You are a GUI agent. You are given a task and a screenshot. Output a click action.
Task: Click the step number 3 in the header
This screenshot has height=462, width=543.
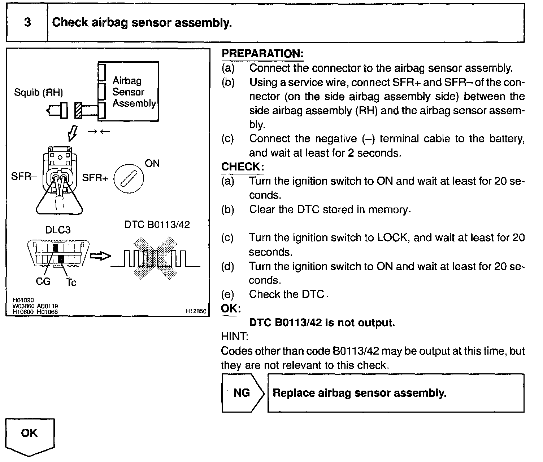[x=27, y=23]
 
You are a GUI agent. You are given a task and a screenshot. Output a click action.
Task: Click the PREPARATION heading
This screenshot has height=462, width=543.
[x=262, y=54]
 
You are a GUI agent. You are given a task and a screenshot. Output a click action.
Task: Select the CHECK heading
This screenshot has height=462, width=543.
[x=242, y=167]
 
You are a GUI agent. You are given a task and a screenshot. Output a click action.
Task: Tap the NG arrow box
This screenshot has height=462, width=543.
[x=242, y=393]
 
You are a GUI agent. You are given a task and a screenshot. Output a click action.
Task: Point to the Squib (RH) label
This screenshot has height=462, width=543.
[x=38, y=93]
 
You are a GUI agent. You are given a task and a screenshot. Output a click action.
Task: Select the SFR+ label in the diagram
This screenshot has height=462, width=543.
[x=95, y=178]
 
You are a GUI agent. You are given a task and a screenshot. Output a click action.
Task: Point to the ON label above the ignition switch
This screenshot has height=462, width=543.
[x=152, y=164]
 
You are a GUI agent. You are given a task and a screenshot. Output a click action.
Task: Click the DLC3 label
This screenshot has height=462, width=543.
[x=58, y=230]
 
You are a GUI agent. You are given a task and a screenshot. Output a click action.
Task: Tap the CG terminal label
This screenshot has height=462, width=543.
[x=43, y=281]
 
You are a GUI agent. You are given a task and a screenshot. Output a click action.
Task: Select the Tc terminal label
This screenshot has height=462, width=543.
[x=71, y=283]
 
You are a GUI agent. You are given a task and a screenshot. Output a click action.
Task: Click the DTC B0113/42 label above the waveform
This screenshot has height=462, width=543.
[x=157, y=225]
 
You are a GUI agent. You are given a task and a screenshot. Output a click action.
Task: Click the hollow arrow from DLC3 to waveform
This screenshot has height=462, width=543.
[x=100, y=256]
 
